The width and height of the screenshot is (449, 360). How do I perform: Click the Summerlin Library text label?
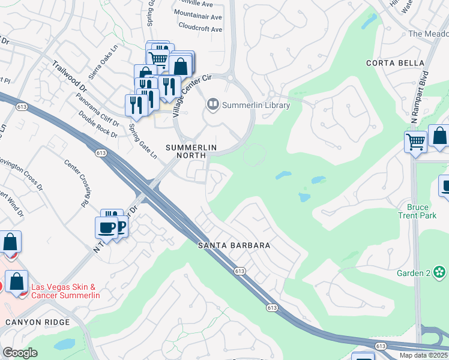(256, 106)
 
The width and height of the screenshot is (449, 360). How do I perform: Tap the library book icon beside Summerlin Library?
(212, 105)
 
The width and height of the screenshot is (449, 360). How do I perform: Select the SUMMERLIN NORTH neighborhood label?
(190, 151)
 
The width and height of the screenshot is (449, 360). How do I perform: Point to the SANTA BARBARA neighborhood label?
(235, 246)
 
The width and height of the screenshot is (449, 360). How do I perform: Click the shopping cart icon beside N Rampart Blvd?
(415, 142)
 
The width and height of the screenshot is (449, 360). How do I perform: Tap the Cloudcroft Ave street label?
(200, 29)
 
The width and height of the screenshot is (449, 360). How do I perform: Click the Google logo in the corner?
(20, 353)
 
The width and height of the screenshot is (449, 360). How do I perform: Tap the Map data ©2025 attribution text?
(423, 355)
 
